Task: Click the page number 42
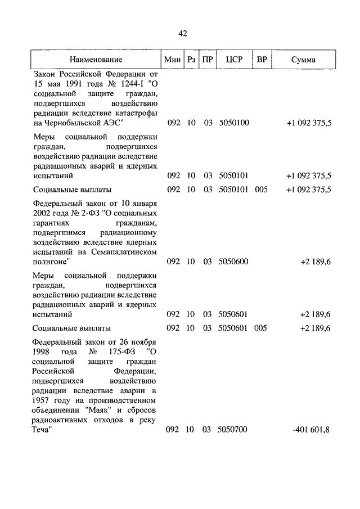click(183, 34)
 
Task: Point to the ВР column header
click(262, 60)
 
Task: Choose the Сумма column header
click(304, 60)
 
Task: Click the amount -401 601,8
click(311, 430)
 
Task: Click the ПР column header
click(208, 60)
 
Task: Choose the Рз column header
click(191, 60)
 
